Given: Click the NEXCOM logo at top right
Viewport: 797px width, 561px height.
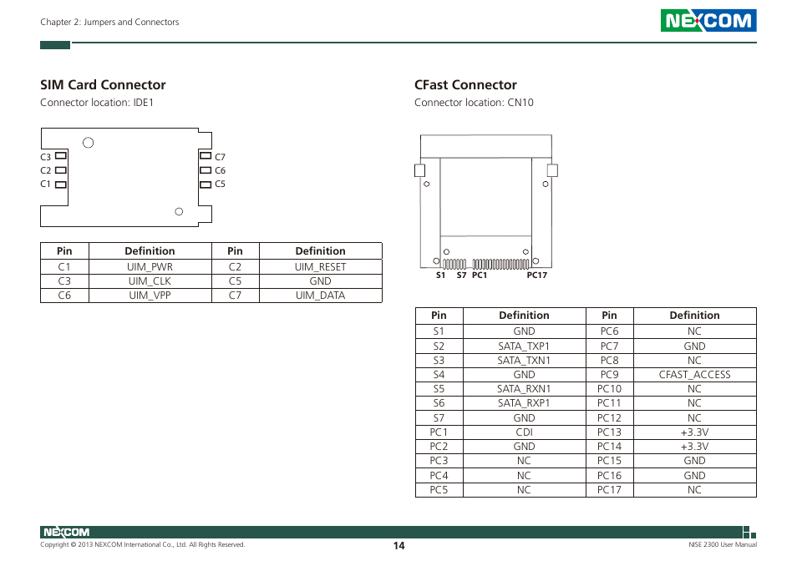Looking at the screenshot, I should point(708,21).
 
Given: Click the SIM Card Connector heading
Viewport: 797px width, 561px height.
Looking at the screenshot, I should point(103,84).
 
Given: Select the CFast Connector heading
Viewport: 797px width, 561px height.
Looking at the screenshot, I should point(465,84).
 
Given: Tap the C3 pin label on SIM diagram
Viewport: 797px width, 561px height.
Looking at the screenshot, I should point(46,157).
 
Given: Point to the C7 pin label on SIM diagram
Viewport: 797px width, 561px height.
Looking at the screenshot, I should point(221,157).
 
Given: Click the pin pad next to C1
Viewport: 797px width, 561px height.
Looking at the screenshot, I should point(61,184).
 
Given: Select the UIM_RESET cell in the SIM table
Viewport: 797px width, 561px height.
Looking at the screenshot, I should point(320,267).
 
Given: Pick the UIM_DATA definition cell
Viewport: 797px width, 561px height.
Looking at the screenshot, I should point(320,296).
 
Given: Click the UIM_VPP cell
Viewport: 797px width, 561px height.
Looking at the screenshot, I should point(150,296).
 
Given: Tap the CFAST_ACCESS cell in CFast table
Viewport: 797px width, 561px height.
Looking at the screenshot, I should point(694,375).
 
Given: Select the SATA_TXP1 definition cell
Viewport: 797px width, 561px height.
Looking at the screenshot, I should point(524,346).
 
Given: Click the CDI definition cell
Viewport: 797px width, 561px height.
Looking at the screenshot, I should point(524,432).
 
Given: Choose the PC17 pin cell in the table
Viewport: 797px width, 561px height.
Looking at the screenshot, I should point(609,490).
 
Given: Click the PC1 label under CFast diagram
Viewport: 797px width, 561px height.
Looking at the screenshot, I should point(479,275).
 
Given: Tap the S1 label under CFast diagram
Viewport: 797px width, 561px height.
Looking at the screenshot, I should point(440,275).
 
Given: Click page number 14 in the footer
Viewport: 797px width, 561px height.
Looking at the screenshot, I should point(399,545).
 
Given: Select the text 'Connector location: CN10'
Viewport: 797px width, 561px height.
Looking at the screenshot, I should point(474,103).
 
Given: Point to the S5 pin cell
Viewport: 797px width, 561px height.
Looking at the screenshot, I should point(439,389).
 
